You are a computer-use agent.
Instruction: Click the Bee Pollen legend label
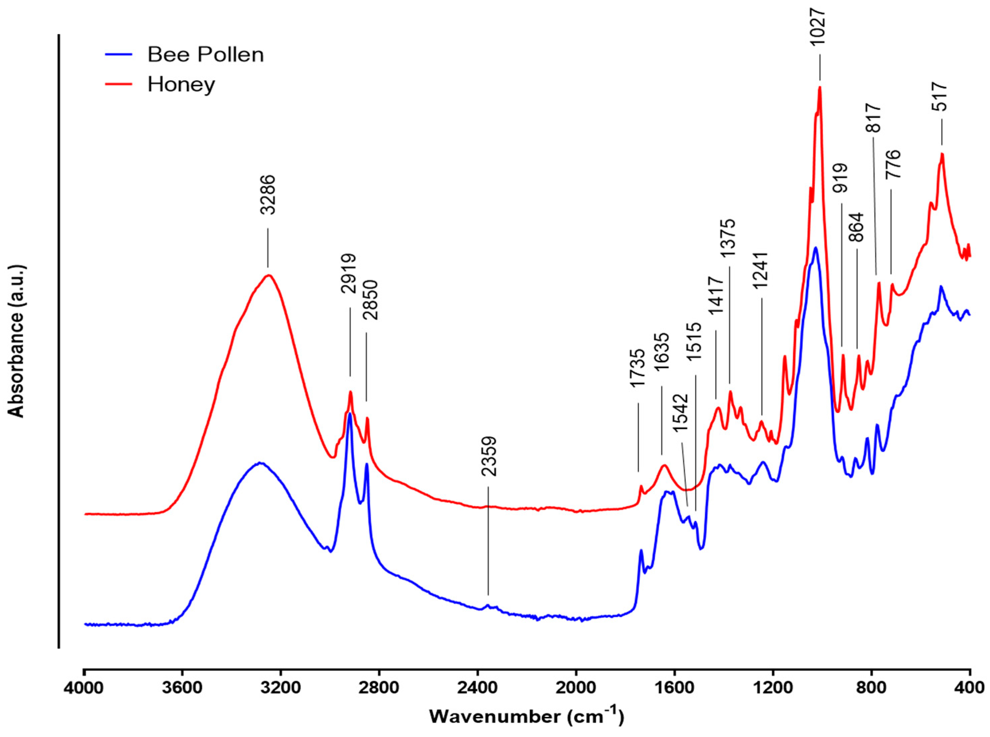[206, 55]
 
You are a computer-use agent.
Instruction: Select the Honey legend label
[181, 84]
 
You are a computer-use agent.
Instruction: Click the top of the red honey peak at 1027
[819, 88]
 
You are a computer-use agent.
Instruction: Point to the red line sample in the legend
[119, 84]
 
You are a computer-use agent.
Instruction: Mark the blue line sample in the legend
[119, 55]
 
